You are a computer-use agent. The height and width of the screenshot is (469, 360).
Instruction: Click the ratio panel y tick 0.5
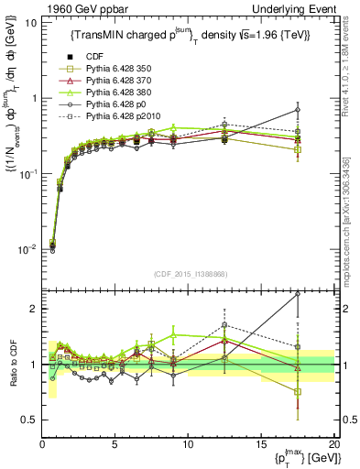point(29,420)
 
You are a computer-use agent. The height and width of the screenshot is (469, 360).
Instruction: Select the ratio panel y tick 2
point(33,309)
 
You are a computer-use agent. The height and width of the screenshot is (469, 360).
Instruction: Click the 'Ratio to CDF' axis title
point(11,365)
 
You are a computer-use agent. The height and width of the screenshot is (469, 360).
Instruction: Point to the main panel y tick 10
point(28,22)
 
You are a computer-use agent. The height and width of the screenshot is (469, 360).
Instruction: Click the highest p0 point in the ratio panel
point(297,294)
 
